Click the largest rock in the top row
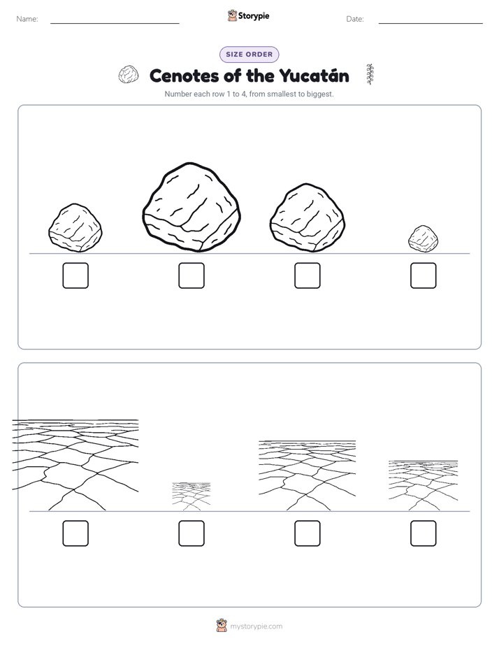(x=191, y=207)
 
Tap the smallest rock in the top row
(x=424, y=239)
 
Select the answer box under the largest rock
(x=191, y=275)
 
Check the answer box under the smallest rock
(x=424, y=275)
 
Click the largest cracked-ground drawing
(x=75, y=465)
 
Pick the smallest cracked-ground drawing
(x=191, y=496)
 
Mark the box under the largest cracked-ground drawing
(x=75, y=533)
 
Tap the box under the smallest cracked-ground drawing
(x=191, y=533)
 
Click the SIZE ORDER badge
(x=249, y=55)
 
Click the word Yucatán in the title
(x=314, y=76)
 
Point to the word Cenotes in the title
(x=185, y=76)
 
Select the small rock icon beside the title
(x=129, y=75)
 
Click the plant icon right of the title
(x=370, y=75)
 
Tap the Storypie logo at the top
(x=249, y=16)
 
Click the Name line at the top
(x=115, y=23)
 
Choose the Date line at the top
(x=431, y=23)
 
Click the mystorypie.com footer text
(x=256, y=626)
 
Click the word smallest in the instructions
(x=282, y=94)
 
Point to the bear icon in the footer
(x=222, y=626)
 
